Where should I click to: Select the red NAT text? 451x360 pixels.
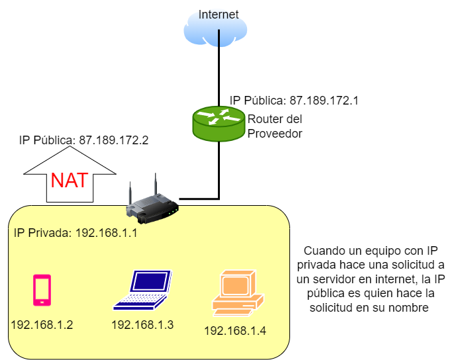point(69,179)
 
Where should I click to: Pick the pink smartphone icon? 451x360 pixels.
point(42,290)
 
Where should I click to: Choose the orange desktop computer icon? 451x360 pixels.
point(236,292)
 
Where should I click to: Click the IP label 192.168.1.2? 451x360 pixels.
point(42,326)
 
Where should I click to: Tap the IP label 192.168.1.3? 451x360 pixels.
point(142,325)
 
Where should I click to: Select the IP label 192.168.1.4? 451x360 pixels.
point(235,330)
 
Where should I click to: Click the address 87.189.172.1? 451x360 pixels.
point(324,101)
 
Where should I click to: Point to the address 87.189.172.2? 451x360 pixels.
point(113,140)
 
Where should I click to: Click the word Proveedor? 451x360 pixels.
point(275,133)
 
